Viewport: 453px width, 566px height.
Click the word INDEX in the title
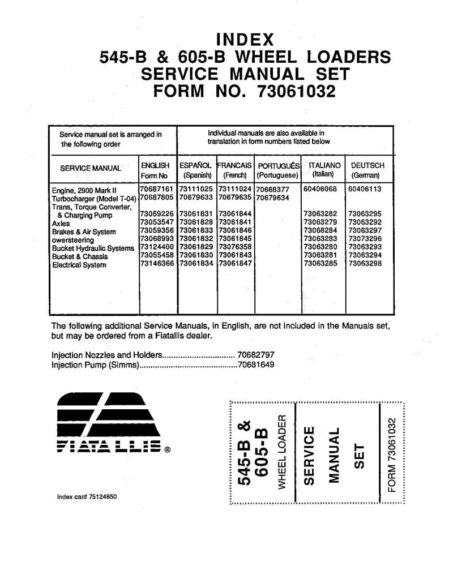click(245, 40)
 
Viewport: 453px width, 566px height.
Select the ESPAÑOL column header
click(195, 165)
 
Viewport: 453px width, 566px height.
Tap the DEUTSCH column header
click(367, 165)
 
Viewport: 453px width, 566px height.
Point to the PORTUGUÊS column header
click(278, 166)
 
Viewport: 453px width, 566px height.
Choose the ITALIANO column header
click(324, 165)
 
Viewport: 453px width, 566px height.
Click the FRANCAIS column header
click(234, 165)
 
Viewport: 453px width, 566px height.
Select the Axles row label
click(61, 224)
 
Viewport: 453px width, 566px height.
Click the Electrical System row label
click(79, 265)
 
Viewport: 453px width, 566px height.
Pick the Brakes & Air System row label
click(84, 232)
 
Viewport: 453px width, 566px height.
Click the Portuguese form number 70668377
click(272, 190)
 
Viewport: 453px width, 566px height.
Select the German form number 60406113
click(365, 188)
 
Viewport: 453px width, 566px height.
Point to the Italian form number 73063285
click(320, 264)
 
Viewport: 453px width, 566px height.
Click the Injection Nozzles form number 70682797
click(256, 355)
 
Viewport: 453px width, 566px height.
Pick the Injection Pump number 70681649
click(256, 365)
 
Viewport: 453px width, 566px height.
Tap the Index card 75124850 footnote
click(88, 497)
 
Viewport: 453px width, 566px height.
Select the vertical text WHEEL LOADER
click(281, 451)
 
